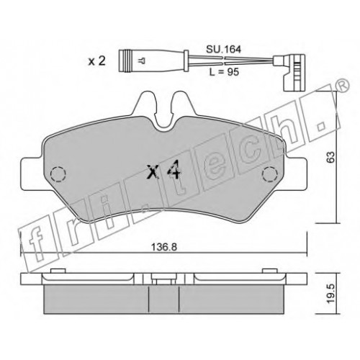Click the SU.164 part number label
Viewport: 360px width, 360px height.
(x=223, y=50)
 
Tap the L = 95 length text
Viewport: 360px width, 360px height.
(x=224, y=72)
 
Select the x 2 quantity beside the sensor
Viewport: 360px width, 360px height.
(x=96, y=61)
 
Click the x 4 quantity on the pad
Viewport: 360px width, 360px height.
(x=164, y=171)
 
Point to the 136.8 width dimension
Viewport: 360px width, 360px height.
(x=164, y=247)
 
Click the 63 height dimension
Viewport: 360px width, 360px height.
(x=331, y=157)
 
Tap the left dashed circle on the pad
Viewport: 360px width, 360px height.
(x=58, y=174)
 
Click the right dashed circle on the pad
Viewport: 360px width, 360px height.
(x=270, y=174)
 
